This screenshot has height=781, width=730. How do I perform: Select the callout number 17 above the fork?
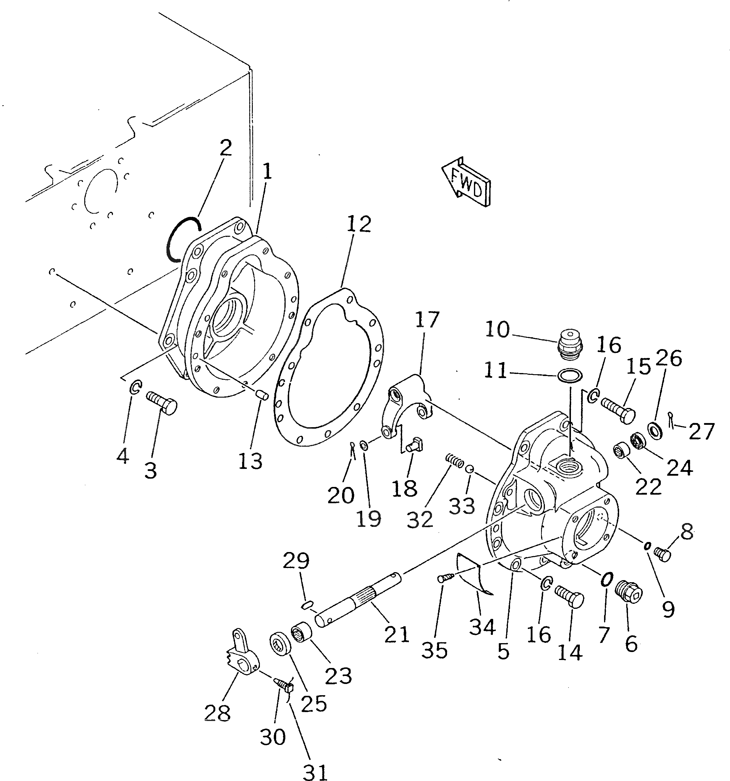pos(427,320)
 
